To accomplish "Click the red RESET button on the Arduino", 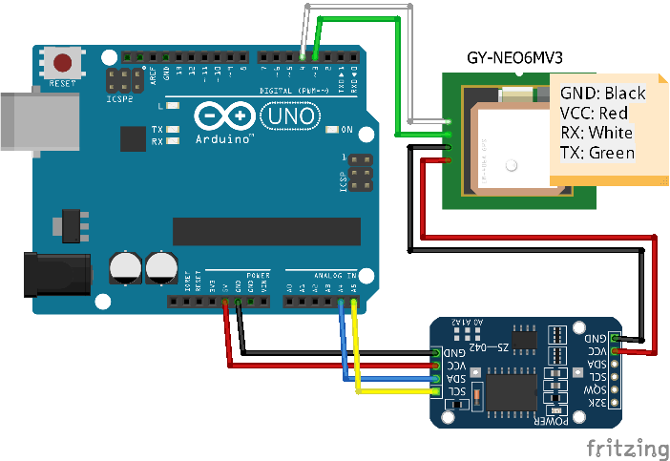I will click(x=63, y=64).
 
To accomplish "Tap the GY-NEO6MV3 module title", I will click(x=514, y=57).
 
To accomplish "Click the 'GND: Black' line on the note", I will click(x=602, y=94).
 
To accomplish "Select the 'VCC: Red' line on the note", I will click(x=594, y=113).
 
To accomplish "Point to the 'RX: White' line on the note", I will click(x=597, y=133).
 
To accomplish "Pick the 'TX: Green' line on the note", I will click(x=597, y=153).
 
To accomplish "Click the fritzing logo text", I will click(x=626, y=448).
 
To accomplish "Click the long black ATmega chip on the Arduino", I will click(x=266, y=231).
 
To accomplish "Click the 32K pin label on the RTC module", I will click(x=596, y=405).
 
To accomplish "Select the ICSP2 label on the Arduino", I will click(x=118, y=96).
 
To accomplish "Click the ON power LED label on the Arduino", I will click(x=346, y=130).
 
